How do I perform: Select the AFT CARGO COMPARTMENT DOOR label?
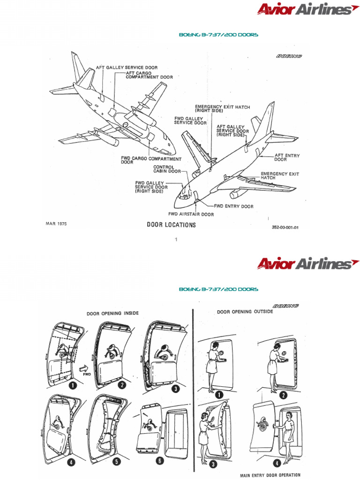[149, 75]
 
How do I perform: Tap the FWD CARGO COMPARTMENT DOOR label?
[151, 161]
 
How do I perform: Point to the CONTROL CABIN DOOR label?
[167, 169]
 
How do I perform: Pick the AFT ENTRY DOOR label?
[287, 157]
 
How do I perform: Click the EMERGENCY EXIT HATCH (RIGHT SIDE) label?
[223, 109]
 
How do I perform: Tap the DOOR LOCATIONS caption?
[171, 225]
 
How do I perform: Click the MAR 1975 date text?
[56, 224]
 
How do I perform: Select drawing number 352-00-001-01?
[285, 228]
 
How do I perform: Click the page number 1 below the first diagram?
[176, 240]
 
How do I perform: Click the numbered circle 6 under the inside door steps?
[160, 461]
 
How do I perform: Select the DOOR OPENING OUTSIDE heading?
[245, 312]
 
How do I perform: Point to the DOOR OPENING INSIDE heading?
[112, 313]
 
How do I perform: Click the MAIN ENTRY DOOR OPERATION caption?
[270, 475]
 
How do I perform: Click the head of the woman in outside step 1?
[215, 346]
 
